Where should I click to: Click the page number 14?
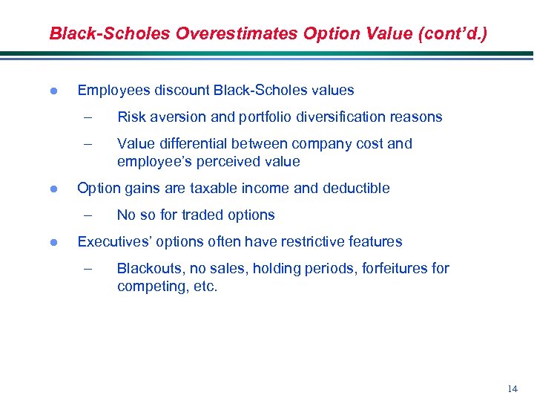point(512,388)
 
